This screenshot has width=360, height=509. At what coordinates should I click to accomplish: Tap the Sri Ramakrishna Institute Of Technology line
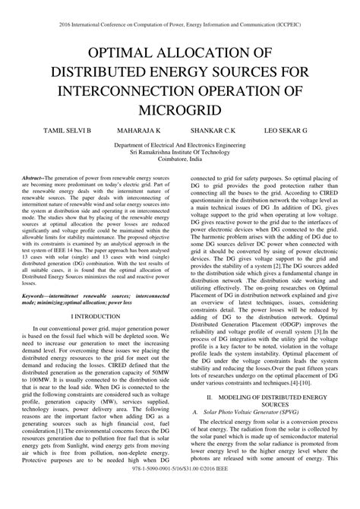180,153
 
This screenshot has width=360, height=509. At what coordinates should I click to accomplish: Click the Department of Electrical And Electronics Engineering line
180,145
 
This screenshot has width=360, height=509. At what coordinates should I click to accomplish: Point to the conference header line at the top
180,11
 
